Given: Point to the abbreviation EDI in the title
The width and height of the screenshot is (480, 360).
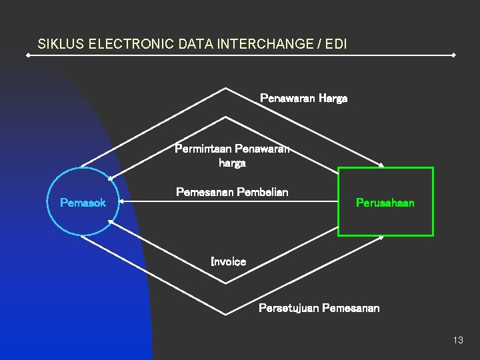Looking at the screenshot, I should [x=336, y=45].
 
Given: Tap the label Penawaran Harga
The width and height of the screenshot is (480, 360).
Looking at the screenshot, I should [x=303, y=99].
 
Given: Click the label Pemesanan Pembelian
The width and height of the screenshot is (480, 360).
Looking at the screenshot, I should [x=232, y=192].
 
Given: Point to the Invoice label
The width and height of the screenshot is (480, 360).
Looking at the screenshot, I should [x=228, y=262].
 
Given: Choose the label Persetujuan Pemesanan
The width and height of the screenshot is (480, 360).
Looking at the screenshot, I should [x=319, y=308].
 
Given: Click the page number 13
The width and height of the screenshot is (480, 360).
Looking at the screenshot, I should [x=457, y=340].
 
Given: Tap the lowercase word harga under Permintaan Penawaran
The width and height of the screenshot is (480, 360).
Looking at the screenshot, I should [x=232, y=163].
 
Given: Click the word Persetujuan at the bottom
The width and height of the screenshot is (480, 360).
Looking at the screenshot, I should [x=289, y=308].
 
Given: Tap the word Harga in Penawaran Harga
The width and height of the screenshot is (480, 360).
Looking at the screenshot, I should [x=333, y=99].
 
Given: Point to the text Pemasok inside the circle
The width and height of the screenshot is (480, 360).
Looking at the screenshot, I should [x=83, y=203].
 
